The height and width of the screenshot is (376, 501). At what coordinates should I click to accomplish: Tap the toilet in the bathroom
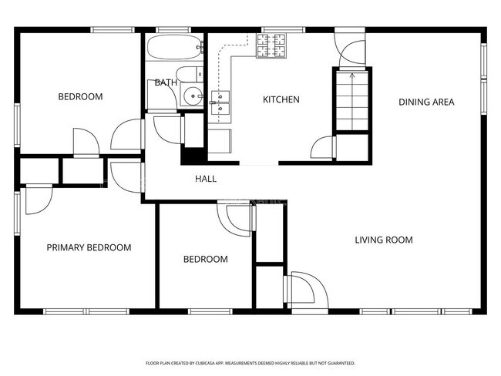[197, 74]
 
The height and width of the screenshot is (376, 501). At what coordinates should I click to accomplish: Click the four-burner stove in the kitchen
[272, 47]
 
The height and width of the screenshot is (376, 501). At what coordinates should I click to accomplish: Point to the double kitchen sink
[220, 98]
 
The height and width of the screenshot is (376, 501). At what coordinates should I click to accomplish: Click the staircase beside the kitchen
[351, 100]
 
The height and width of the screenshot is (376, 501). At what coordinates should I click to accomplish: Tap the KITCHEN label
[281, 100]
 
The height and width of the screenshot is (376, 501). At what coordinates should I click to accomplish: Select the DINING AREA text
[425, 102]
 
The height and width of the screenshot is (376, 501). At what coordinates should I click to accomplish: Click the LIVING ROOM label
[383, 240]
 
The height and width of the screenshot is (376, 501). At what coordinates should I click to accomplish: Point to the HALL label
[205, 179]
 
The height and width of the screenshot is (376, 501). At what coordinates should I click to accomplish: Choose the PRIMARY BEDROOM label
[89, 247]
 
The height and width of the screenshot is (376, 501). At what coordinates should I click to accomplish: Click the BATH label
[165, 82]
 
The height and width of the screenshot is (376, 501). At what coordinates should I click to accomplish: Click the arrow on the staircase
[351, 76]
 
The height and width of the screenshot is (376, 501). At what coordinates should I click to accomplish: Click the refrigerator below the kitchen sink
[220, 143]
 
